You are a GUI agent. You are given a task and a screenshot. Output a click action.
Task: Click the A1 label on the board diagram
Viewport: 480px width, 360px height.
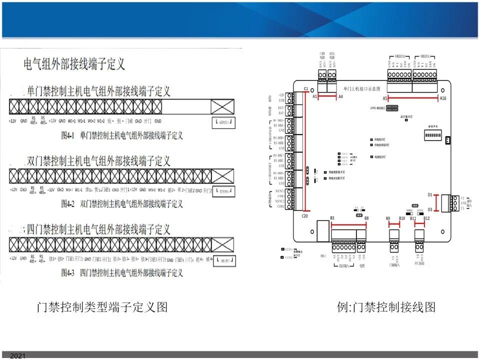315,96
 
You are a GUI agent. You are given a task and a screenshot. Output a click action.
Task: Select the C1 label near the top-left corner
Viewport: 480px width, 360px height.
305,88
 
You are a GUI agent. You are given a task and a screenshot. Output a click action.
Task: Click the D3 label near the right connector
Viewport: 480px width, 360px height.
429,210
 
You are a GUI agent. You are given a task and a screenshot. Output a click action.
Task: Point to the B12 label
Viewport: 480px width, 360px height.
426,218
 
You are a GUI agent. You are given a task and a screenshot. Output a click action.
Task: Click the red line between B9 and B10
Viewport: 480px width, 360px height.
395,223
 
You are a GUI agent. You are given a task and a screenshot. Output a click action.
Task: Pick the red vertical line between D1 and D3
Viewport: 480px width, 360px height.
437,202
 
